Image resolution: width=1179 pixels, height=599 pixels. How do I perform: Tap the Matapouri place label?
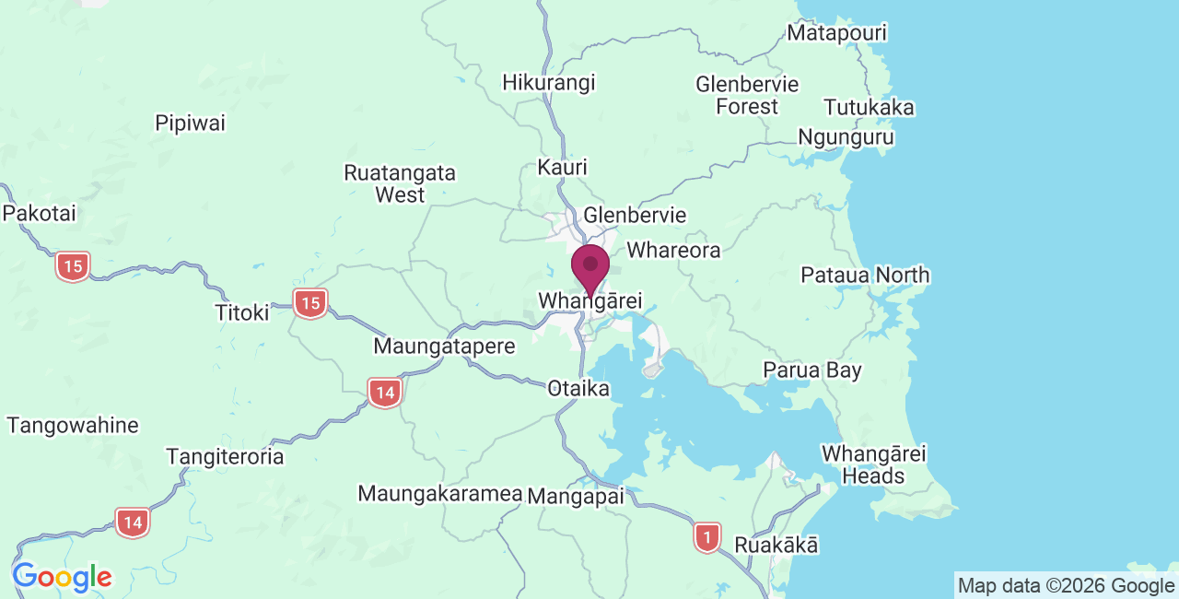pyautogui.click(x=836, y=33)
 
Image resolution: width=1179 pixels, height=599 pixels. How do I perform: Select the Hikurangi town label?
pyautogui.click(x=549, y=82)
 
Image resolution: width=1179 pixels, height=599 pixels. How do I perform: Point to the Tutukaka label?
pyautogui.click(x=870, y=108)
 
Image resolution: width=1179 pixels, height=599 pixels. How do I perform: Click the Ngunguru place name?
pyautogui.click(x=846, y=137)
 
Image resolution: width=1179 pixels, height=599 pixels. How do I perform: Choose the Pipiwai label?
pyautogui.click(x=191, y=123)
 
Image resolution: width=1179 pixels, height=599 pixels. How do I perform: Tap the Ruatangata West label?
pyautogui.click(x=400, y=183)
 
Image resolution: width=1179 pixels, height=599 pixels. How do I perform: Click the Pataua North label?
pyautogui.click(x=865, y=275)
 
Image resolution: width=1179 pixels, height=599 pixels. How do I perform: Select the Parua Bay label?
pyautogui.click(x=812, y=370)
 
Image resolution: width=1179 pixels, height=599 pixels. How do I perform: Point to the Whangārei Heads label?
pyautogui.click(x=873, y=464)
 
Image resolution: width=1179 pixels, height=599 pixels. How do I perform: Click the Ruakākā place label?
pyautogui.click(x=776, y=545)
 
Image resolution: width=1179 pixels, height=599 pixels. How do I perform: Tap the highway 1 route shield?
pyautogui.click(x=706, y=536)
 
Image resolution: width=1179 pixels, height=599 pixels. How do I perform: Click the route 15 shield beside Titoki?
pyautogui.click(x=310, y=302)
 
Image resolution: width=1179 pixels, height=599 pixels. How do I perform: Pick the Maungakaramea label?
pyautogui.click(x=440, y=493)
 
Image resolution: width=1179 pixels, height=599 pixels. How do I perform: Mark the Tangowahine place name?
pyautogui.click(x=73, y=426)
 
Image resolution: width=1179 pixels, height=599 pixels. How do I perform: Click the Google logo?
pyautogui.click(x=62, y=578)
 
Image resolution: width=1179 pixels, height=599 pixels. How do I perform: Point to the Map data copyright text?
pyautogui.click(x=1066, y=585)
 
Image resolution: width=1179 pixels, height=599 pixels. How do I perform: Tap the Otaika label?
pyautogui.click(x=578, y=388)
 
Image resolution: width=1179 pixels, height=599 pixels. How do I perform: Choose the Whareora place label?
pyautogui.click(x=673, y=250)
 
